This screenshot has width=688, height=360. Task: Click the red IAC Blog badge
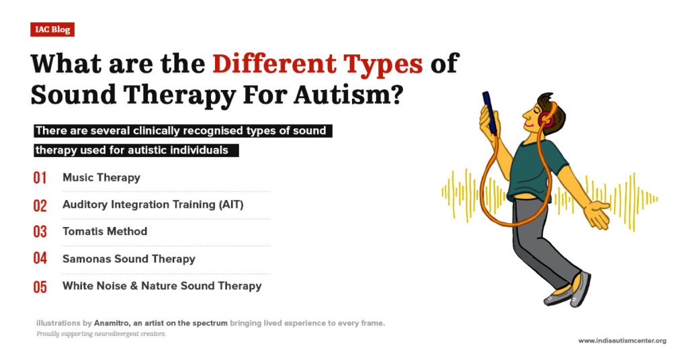click(x=52, y=30)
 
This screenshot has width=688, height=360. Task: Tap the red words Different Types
click(x=318, y=63)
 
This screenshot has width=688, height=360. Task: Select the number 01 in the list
click(x=40, y=178)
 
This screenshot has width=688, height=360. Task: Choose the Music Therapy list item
click(x=101, y=177)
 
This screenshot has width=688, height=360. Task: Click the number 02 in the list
click(x=40, y=206)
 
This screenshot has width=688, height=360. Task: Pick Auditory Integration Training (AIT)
click(x=153, y=204)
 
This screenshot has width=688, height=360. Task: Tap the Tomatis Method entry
click(x=105, y=231)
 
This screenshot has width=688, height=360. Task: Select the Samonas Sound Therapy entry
click(x=129, y=259)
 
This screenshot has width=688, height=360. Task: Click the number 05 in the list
click(x=40, y=287)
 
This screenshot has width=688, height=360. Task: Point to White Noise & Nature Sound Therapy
click(x=162, y=285)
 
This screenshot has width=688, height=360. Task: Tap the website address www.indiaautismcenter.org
click(x=622, y=341)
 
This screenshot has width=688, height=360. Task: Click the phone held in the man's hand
click(x=490, y=111)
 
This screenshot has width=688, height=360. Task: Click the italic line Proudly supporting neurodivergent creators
click(x=101, y=334)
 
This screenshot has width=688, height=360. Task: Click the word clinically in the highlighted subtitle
click(x=143, y=131)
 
